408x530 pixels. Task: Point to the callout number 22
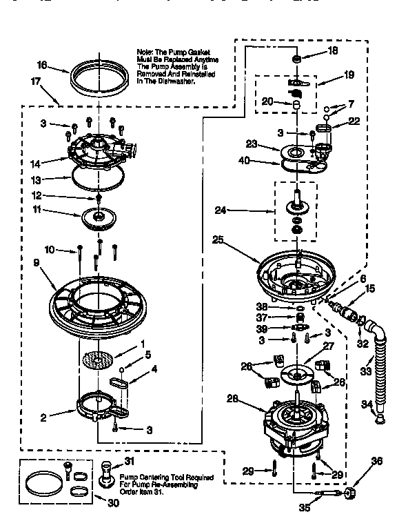pos(356,121)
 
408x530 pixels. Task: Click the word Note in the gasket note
pos(145,52)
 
